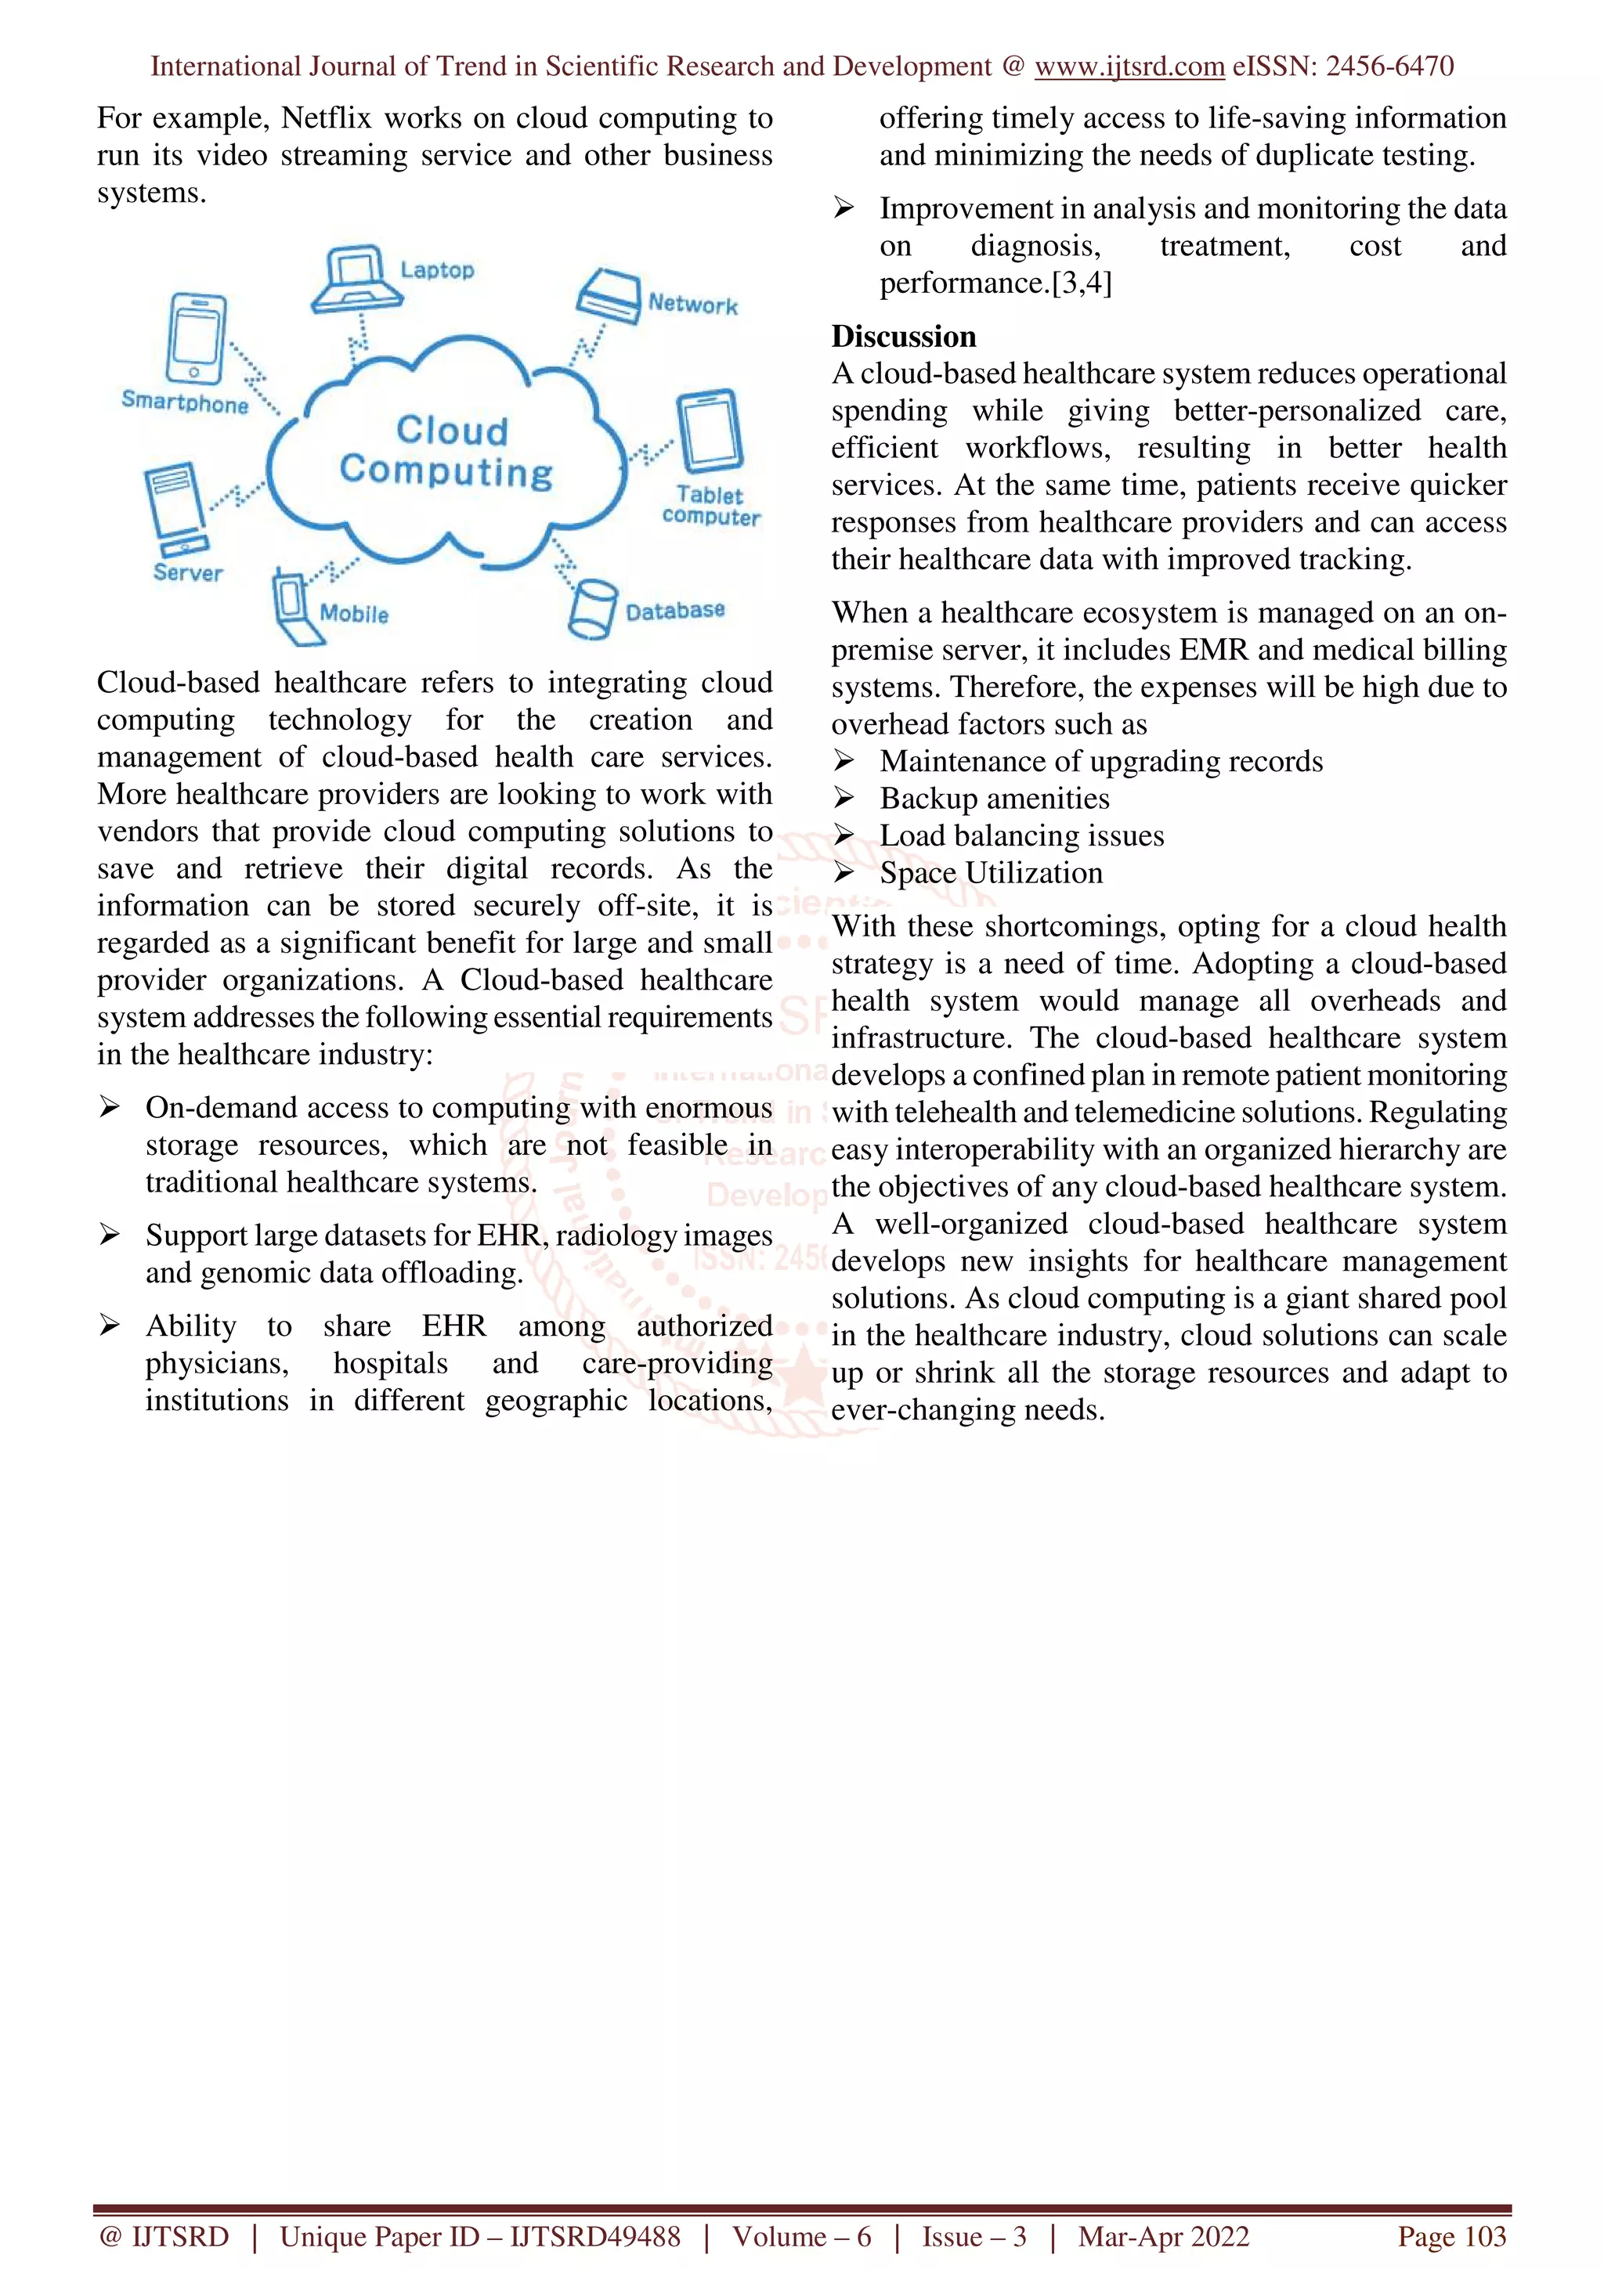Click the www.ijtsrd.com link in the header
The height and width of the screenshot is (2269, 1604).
click(1129, 67)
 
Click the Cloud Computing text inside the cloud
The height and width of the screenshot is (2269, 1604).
click(446, 451)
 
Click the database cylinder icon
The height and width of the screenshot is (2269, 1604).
click(592, 609)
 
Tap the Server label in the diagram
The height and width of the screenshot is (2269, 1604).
click(188, 572)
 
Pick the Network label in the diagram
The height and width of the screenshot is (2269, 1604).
click(693, 305)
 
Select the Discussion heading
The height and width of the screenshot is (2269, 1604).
click(903, 336)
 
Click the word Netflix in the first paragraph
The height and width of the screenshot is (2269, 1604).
click(326, 117)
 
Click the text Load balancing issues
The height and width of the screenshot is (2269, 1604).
click(1021, 836)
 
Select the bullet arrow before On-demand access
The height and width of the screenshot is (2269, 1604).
click(109, 1107)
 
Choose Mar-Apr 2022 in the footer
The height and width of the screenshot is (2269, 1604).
click(1163, 2236)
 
